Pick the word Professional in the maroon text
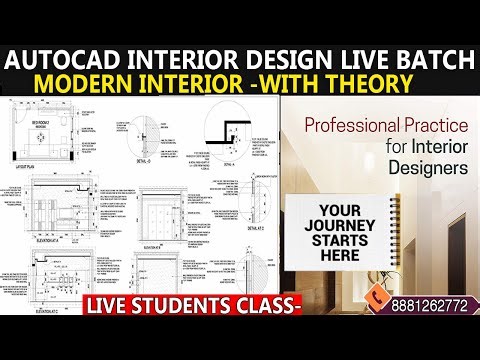[345, 127]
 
